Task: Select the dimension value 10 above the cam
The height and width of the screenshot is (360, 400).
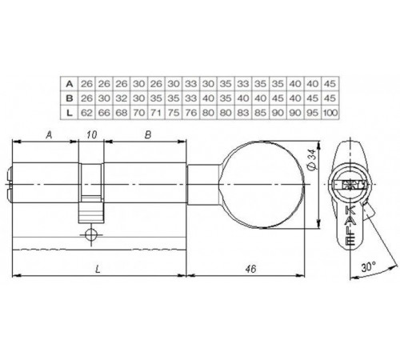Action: (x=92, y=135)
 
